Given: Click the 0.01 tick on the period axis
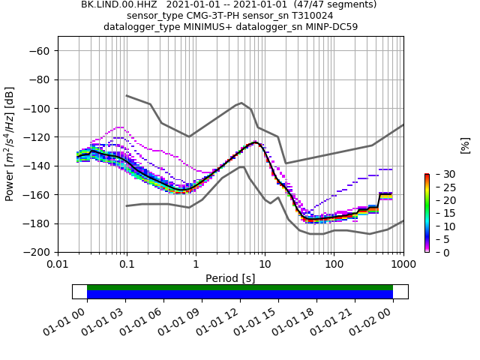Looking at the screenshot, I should (58, 265).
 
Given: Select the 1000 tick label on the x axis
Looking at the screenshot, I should (403, 265).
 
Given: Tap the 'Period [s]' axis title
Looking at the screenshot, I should (230, 277).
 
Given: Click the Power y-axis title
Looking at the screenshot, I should (10, 144).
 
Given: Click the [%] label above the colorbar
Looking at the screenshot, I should (465, 145).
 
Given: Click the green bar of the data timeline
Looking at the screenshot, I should (240, 287).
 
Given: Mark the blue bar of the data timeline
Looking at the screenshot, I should (240, 295).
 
